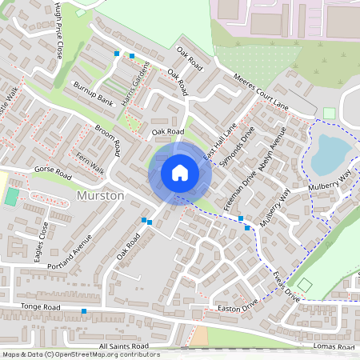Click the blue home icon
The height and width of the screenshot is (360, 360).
(180, 173)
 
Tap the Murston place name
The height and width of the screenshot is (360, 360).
(100, 195)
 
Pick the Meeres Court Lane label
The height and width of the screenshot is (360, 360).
(260, 94)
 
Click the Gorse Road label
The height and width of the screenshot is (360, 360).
(53, 173)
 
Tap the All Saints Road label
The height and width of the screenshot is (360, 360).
(123, 346)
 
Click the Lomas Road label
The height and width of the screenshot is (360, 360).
(334, 346)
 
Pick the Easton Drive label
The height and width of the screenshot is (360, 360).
(238, 305)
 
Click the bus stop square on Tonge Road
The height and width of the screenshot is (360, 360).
(84, 310)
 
